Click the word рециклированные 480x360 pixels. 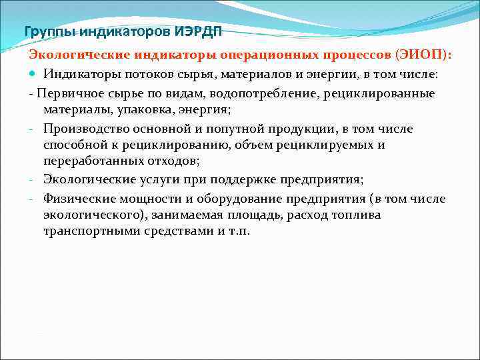coord(379,93)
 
